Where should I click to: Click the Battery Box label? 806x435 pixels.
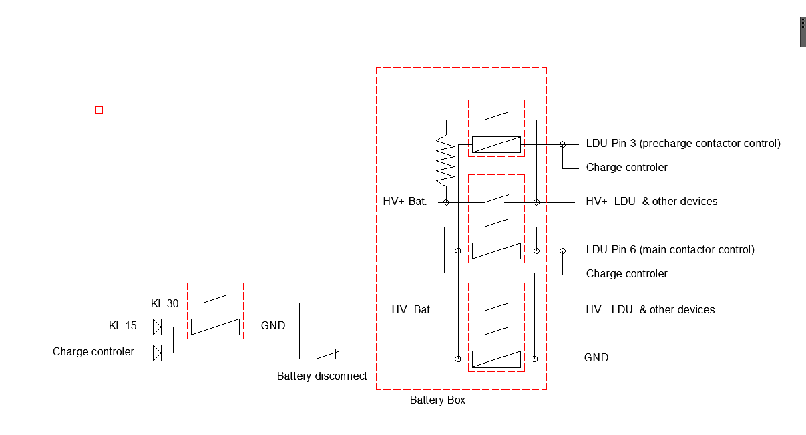[437, 400]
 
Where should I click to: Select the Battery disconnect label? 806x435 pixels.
[322, 376]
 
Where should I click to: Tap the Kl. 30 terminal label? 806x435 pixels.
[165, 303]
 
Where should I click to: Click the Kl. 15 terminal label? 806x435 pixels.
[123, 326]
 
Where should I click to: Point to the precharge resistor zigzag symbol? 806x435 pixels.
[445, 160]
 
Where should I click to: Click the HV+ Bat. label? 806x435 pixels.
[405, 201]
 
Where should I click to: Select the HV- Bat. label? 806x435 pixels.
[412, 309]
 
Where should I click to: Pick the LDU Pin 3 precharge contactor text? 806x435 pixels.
[682, 143]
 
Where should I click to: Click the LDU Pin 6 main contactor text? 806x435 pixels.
[670, 250]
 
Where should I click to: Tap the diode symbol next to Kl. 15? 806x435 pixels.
[157, 327]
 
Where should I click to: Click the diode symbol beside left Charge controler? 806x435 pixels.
[157, 352]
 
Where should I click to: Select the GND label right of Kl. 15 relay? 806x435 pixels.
[273, 326]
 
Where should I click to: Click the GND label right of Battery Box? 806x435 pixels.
[596, 358]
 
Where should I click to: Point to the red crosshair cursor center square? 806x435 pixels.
[99, 110]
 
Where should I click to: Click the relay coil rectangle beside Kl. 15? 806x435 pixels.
[215, 327]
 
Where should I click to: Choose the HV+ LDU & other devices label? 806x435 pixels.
[651, 201]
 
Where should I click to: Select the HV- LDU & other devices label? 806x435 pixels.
[650, 309]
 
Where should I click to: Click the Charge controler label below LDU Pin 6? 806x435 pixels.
[626, 273]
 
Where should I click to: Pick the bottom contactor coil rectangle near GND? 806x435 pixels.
[496, 359]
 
